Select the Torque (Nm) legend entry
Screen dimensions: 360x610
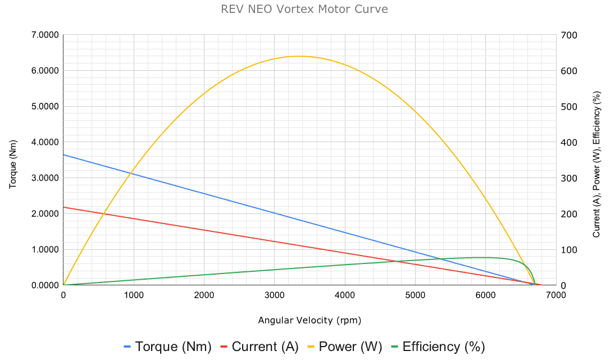pos(167,347)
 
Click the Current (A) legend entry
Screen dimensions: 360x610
pos(259,347)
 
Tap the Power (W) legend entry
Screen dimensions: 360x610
pos(344,347)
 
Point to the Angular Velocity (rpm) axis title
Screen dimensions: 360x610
pos(309,321)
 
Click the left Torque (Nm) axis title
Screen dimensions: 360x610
pos(13,160)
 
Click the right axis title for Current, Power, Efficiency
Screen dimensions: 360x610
pos(597,160)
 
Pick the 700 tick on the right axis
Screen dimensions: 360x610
pos(567,35)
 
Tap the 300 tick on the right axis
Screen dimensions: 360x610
pos(567,178)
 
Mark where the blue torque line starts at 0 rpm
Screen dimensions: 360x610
pos(63,154)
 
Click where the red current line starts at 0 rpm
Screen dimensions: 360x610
pos(63,207)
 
